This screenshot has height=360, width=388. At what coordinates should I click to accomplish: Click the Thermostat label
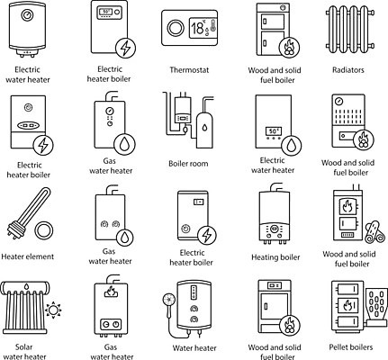[x=189, y=70]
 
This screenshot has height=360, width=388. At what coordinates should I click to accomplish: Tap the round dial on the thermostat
[x=176, y=28]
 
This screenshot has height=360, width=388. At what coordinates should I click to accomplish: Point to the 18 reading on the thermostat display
[x=197, y=28]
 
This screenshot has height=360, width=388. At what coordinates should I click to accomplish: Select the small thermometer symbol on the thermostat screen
[x=212, y=25]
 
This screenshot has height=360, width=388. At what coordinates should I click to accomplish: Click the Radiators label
[x=348, y=70]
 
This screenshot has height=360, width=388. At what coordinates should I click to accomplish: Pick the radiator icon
[x=350, y=29]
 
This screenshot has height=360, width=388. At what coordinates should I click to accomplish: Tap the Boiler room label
[x=188, y=164]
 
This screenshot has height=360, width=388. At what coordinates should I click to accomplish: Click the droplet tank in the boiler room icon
[x=204, y=130]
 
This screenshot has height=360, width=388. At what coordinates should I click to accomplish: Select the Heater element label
[x=28, y=256]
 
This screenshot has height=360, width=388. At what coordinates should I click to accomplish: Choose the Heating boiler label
[x=275, y=257]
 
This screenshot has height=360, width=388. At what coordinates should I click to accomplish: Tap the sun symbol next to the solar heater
[x=53, y=310]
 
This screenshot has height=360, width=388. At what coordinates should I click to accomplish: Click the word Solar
[x=23, y=347]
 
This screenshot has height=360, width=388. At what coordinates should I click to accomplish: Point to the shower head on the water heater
[x=169, y=300]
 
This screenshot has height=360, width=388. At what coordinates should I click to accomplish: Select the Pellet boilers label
[x=351, y=347]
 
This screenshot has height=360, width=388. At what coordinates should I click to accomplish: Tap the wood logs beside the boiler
[x=374, y=232]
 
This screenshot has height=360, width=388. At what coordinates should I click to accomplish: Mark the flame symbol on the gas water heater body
[x=111, y=292]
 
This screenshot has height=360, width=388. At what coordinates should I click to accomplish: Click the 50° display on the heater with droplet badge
[x=274, y=131]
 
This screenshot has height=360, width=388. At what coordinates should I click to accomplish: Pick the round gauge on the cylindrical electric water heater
[x=27, y=15]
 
